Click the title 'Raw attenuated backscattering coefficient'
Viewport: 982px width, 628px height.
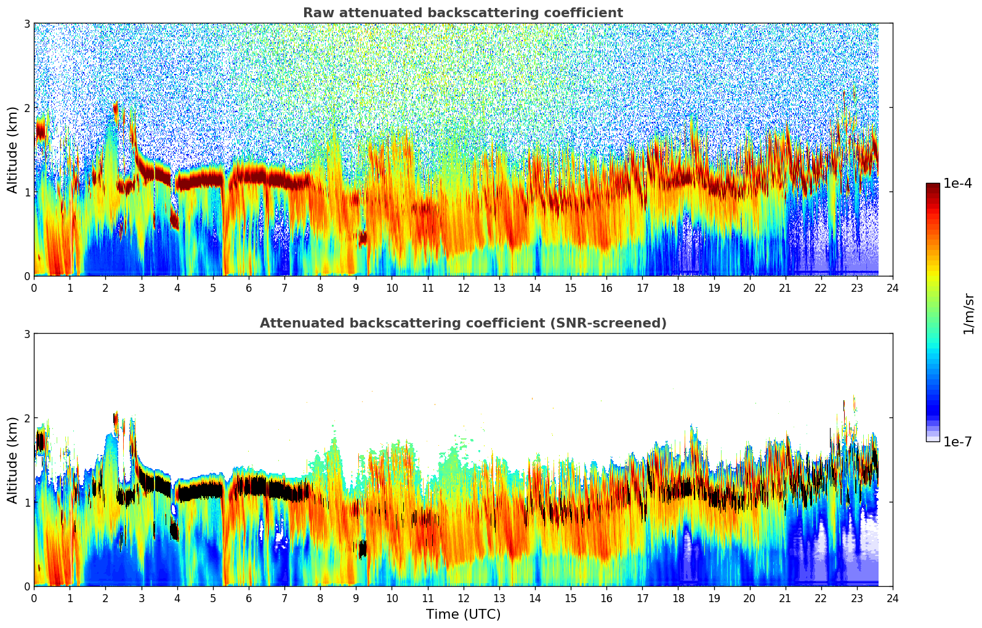coord(462,13)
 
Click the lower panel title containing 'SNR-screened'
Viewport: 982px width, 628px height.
coord(462,323)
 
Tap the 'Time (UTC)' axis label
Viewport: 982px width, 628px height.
coord(463,614)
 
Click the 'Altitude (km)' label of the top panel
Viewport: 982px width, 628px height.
coord(13,150)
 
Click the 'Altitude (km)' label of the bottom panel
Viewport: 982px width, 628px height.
coord(13,460)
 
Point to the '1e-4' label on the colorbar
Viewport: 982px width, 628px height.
coord(957,183)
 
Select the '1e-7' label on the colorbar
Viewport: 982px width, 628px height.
coord(957,441)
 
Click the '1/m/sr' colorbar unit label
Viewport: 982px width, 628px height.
coord(968,313)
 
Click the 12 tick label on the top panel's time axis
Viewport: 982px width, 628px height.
coord(463,288)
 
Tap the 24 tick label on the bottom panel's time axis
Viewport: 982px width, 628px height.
coord(892,598)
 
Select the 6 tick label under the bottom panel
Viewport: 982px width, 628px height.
coord(249,598)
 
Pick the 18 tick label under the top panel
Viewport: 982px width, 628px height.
coord(678,288)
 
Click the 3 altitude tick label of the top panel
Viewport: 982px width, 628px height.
coord(26,23)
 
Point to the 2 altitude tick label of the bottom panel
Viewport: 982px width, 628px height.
coord(26,418)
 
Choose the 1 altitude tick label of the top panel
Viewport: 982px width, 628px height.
coord(26,192)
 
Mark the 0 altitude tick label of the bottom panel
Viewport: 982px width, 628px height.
coord(26,586)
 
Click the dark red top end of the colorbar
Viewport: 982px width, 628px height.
coord(932,186)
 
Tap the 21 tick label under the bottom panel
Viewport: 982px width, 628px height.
coord(785,598)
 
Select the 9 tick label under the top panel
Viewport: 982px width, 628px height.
coord(356,288)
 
